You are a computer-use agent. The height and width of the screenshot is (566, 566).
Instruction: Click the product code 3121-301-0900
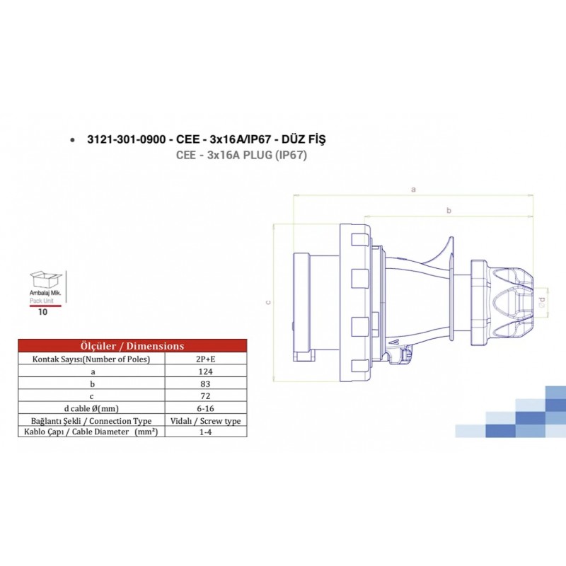coord(125,140)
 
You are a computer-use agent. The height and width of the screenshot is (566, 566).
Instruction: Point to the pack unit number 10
coord(43,311)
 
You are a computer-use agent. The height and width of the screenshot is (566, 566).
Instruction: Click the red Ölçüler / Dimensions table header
coord(133,346)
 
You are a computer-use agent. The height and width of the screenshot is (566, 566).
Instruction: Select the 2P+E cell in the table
coord(207,359)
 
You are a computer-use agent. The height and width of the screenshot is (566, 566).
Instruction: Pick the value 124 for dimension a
coord(207,371)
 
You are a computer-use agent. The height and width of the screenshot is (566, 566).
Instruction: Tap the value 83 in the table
coord(207,383)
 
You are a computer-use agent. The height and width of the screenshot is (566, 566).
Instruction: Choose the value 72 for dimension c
coord(207,395)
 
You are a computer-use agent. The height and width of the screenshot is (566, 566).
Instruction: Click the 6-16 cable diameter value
coord(207,408)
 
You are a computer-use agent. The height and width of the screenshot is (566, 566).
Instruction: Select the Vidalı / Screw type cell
coord(207,420)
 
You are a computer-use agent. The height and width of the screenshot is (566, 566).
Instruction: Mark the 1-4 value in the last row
coord(207,432)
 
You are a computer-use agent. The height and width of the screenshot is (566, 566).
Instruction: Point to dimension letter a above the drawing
coord(413,189)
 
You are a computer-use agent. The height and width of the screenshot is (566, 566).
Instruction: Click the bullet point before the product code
coord(73,141)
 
